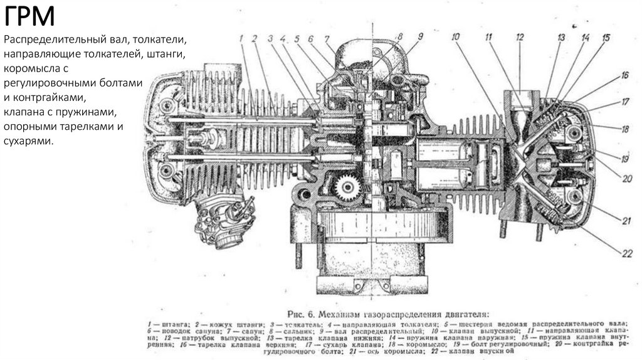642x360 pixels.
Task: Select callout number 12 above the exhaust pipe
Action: pos(519,37)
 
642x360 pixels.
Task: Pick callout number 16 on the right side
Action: pos(624,75)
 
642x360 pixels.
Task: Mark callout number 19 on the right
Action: pos(625,159)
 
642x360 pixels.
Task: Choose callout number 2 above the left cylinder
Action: pos(255,39)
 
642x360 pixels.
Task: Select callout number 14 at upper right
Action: pos(585,38)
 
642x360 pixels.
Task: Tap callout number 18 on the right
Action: pos(625,129)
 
